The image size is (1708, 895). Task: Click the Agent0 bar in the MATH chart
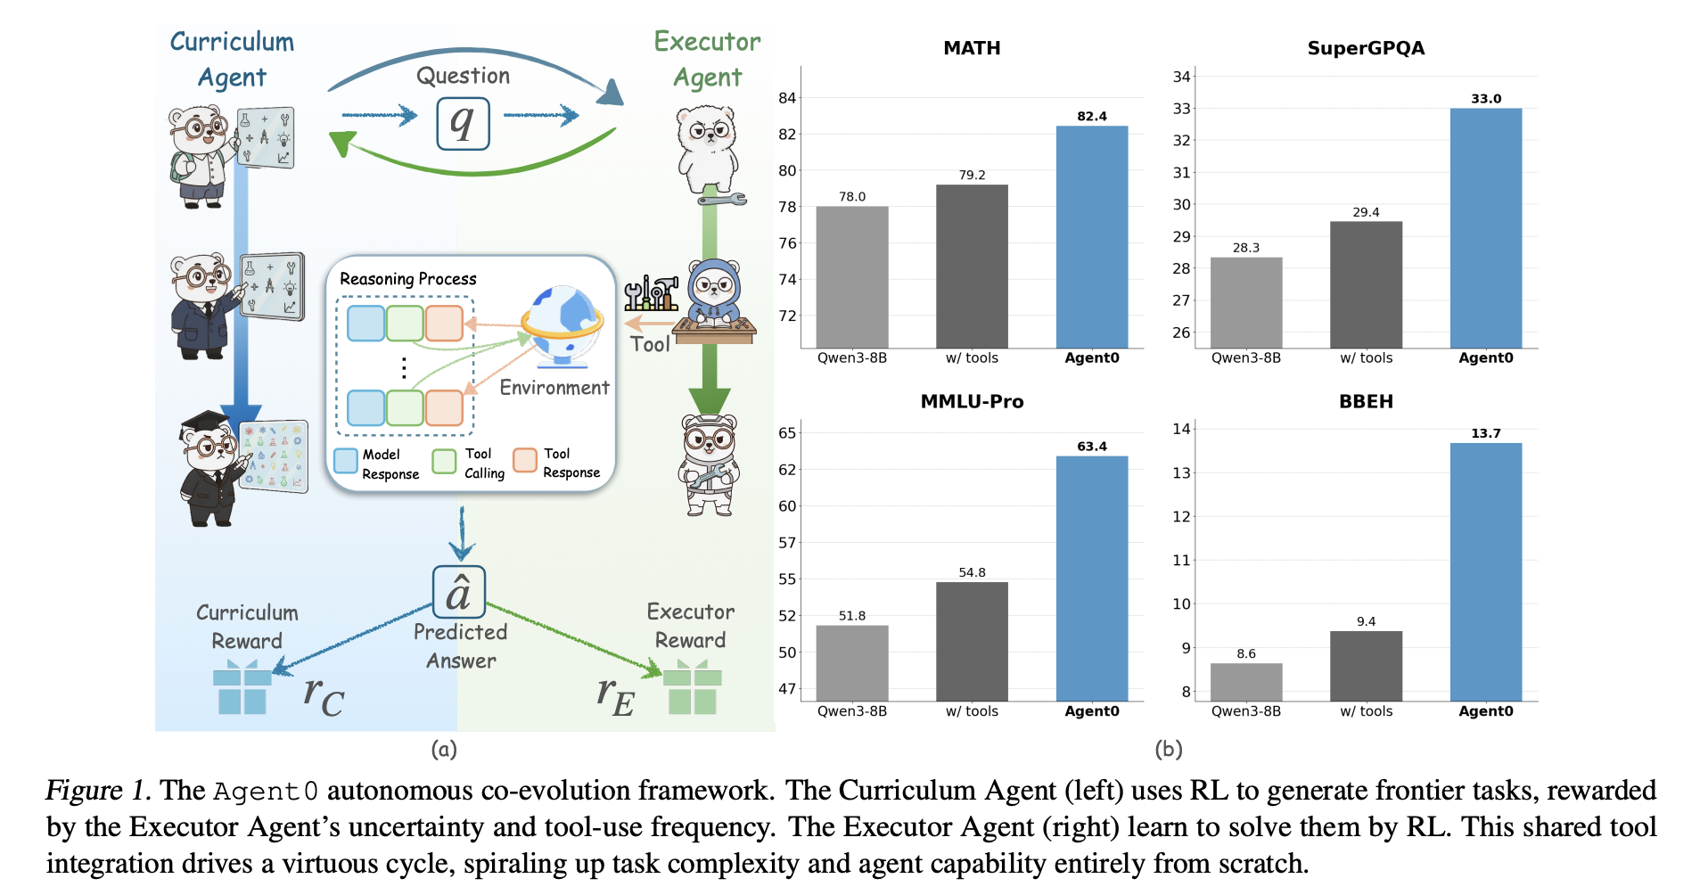pyautogui.click(x=1091, y=236)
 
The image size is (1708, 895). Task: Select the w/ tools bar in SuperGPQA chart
pyautogui.click(x=1366, y=284)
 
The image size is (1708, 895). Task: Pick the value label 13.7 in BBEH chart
pyautogui.click(x=1485, y=433)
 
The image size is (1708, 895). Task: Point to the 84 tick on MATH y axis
pyautogui.click(x=786, y=98)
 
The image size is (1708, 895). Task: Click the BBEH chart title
pyautogui.click(x=1365, y=401)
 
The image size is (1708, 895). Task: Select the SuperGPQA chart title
pyautogui.click(x=1365, y=48)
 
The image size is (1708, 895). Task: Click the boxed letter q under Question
pyautogui.click(x=463, y=123)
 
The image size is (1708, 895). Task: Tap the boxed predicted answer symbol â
pyautogui.click(x=458, y=592)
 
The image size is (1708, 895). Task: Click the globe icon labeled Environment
pyautogui.click(x=562, y=325)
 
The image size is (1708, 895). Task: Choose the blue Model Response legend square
pyautogui.click(x=345, y=460)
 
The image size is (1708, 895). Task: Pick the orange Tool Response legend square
pyautogui.click(x=524, y=459)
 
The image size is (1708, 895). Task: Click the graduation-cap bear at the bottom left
pyautogui.click(x=212, y=468)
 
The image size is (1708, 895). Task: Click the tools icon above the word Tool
pyautogui.click(x=651, y=293)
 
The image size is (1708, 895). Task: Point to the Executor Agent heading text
pyautogui.click(x=707, y=59)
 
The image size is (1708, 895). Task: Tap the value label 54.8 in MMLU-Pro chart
pyautogui.click(x=972, y=572)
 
